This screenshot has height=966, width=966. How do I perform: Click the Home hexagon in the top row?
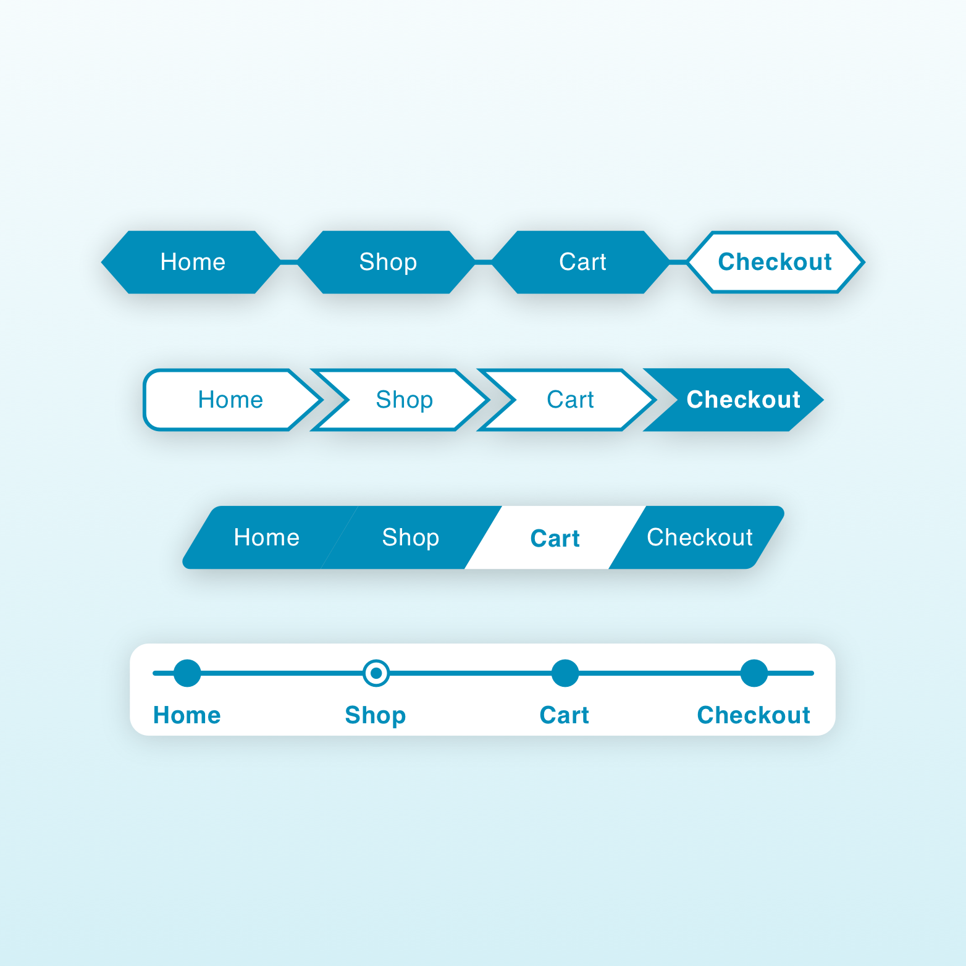click(x=191, y=262)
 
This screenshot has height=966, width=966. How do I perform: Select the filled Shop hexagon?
click(x=387, y=262)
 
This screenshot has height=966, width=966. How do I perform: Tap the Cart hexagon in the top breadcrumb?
click(x=581, y=262)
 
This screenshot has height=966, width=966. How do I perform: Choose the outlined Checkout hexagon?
click(x=776, y=262)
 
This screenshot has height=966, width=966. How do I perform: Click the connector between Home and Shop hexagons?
click(x=289, y=262)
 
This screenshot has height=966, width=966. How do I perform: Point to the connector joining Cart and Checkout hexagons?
click(x=678, y=262)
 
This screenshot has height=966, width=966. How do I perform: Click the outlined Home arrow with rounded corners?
click(x=233, y=400)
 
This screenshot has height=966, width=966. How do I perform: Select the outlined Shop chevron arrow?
click(x=400, y=400)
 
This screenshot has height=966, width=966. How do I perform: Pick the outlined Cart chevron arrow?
click(x=567, y=400)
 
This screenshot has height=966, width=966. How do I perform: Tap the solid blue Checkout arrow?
click(x=734, y=400)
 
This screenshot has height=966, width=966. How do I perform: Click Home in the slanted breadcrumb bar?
click(x=267, y=537)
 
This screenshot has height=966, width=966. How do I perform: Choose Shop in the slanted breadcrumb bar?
click(x=411, y=537)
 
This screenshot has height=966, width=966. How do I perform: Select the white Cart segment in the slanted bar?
click(x=555, y=537)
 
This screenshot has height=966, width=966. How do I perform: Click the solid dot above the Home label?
click(x=187, y=673)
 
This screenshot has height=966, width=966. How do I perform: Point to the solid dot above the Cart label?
click(x=565, y=673)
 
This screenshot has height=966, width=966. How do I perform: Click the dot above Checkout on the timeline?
click(x=754, y=673)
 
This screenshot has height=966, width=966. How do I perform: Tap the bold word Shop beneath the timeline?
click(x=376, y=715)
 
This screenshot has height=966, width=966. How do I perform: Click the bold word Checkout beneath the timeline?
click(x=754, y=715)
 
